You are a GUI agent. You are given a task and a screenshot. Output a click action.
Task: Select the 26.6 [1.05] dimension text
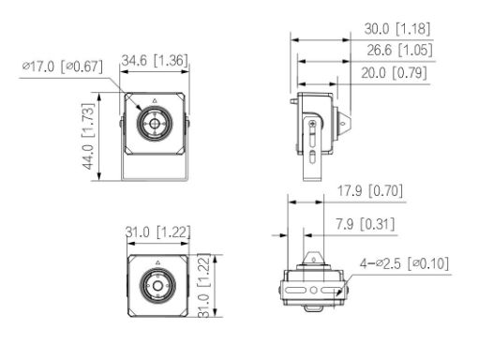point(395,49)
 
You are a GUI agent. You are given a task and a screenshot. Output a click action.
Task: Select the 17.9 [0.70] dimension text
point(369,192)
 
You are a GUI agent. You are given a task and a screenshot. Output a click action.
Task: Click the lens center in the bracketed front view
point(154,121)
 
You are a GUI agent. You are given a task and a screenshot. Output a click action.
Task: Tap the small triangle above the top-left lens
point(154,97)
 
